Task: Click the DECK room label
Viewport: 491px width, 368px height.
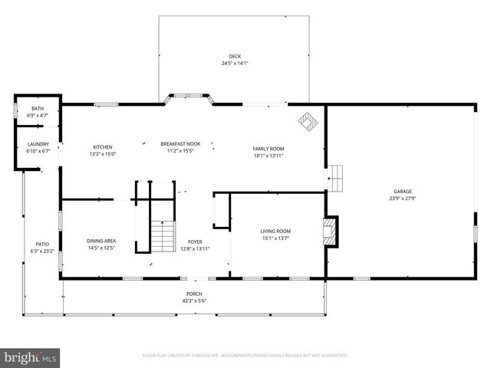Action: [235, 56]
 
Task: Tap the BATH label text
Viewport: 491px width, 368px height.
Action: [38, 109]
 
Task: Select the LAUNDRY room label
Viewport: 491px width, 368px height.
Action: [38, 144]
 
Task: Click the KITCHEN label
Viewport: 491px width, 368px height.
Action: [103, 147]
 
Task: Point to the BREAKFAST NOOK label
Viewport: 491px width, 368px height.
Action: [176, 143]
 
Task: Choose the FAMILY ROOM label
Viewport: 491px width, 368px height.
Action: [269, 148]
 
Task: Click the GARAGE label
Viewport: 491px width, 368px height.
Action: [403, 192]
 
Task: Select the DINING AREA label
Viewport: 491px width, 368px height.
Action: [101, 241]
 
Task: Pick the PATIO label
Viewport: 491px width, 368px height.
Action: [41, 245]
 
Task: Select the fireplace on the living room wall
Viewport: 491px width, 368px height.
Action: [329, 231]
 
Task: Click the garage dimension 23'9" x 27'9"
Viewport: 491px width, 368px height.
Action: [403, 199]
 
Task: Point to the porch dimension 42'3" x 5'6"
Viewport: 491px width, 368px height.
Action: [194, 301]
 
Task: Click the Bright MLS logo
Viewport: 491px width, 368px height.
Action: [31, 356]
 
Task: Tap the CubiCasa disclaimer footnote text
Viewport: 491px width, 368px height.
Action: [245, 356]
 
